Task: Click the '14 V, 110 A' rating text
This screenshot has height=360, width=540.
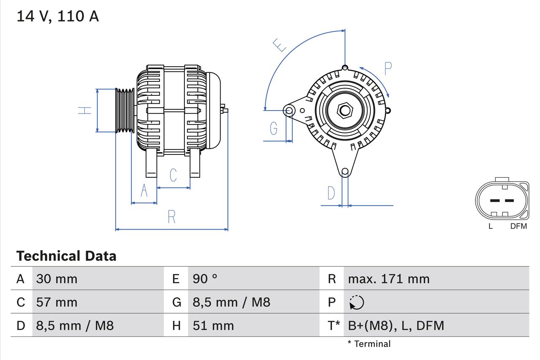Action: (58, 16)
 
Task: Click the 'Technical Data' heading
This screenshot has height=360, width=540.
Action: (66, 256)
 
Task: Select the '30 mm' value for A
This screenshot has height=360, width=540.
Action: (57, 279)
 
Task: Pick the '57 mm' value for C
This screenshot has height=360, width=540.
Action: (57, 302)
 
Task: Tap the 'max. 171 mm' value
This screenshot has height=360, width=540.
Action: (389, 279)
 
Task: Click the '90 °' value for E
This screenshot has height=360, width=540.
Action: (205, 279)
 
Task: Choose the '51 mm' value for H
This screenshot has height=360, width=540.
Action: (213, 325)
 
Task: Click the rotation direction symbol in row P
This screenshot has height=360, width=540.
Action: (356, 302)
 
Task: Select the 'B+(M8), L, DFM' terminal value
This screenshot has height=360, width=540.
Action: (396, 325)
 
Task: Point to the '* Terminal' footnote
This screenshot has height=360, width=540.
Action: (369, 344)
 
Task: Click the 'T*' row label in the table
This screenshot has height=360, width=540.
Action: (334, 325)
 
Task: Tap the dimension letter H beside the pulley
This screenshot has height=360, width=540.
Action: (85, 111)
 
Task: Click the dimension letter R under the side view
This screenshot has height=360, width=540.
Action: (171, 217)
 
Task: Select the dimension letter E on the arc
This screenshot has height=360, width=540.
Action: (279, 45)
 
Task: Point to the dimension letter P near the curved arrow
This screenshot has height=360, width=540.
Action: (388, 68)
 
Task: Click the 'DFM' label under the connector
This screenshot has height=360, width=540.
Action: (518, 226)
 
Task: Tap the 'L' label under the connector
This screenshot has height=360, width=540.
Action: (490, 226)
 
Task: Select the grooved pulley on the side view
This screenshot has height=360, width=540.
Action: (125, 111)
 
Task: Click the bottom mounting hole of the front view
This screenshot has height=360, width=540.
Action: (345, 171)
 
